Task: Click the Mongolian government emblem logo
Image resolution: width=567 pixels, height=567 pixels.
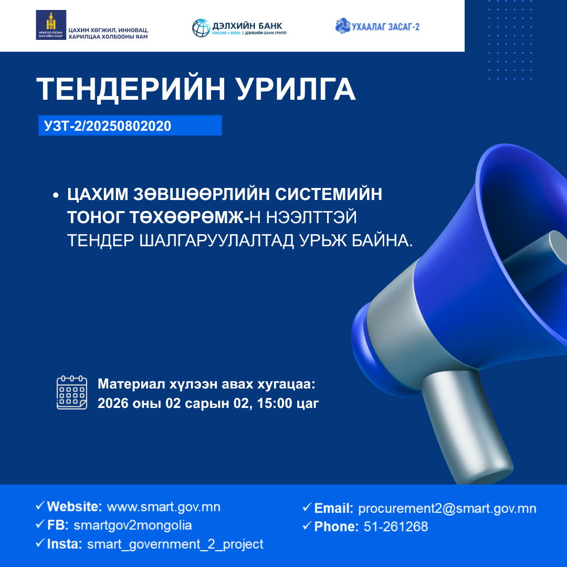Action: pos(51,25)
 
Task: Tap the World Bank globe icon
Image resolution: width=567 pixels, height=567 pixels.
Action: pos(201,28)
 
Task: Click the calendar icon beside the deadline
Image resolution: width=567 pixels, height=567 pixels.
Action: pos(72,393)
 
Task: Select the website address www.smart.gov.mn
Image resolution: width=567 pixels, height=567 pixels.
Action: pos(163,507)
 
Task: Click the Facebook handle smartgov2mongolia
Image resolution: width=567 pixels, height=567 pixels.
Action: pos(133,526)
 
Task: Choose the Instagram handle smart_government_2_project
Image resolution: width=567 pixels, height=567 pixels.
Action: pos(175,544)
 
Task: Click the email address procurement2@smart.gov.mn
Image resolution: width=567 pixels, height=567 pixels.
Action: pos(447,508)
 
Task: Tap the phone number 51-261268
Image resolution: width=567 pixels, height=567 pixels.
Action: pos(395,527)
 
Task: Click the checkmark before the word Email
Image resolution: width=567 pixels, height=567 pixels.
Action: pos(307,508)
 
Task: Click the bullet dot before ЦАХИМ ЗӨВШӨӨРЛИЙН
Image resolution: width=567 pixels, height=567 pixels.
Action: pos(55,195)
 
